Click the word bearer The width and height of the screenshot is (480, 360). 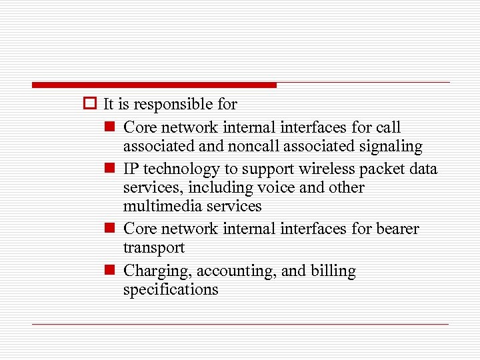click(x=396, y=229)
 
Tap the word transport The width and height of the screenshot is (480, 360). click(x=153, y=248)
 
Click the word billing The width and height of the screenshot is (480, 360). click(x=333, y=271)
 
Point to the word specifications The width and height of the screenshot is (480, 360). click(x=171, y=289)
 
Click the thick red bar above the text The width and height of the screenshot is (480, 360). click(x=154, y=85)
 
